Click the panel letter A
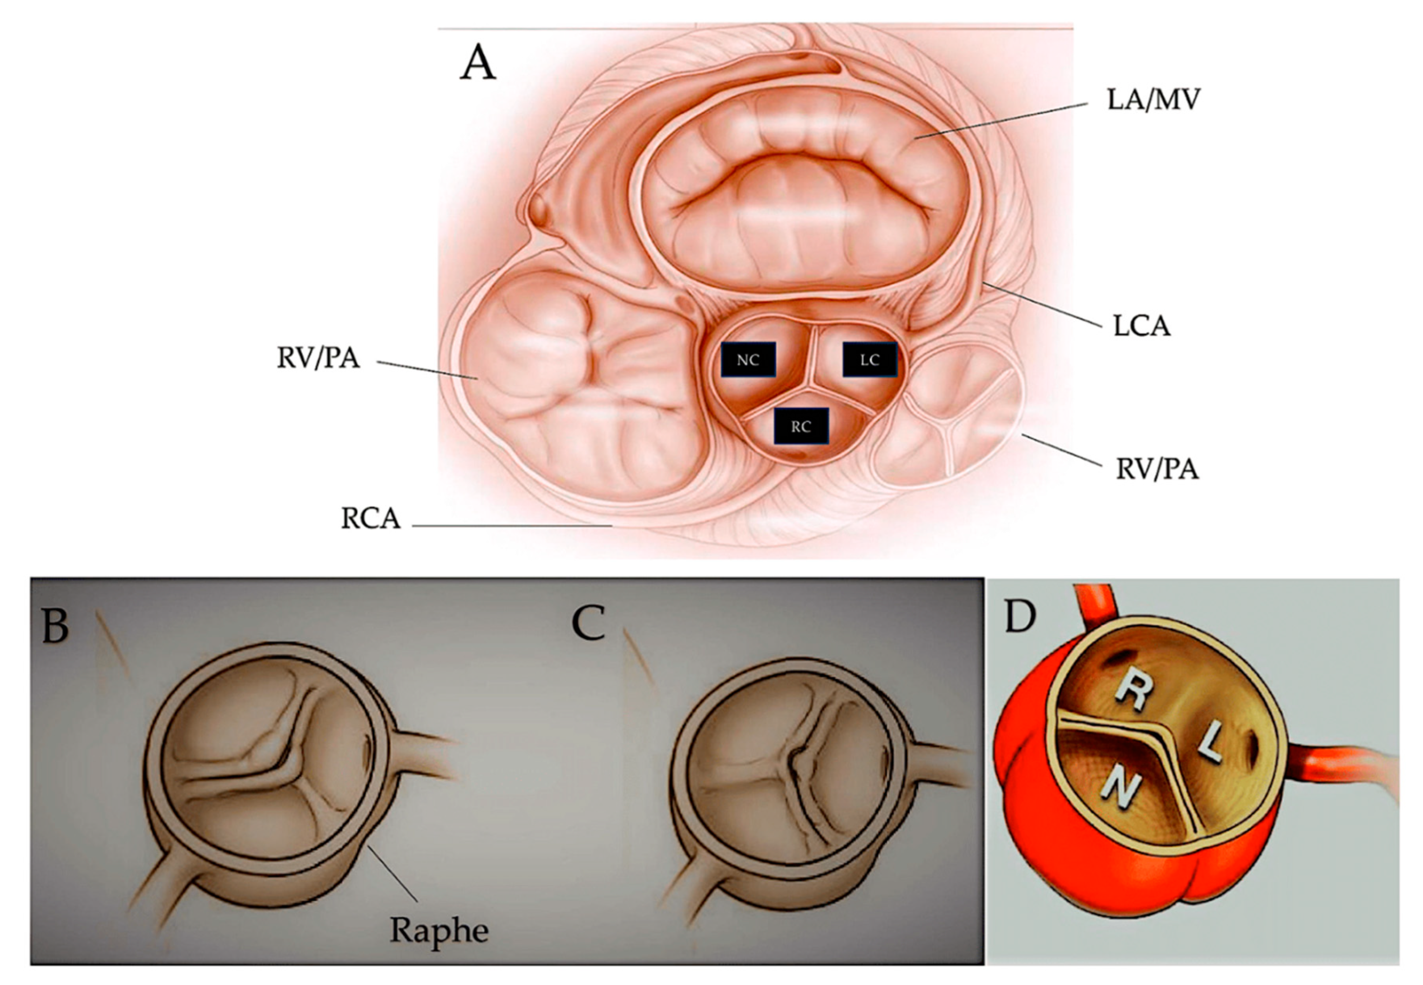[478, 64]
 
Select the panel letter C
[588, 623]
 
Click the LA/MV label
[1153, 99]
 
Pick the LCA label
[1141, 325]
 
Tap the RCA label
[370, 519]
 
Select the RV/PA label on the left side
[318, 358]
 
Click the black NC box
[748, 360]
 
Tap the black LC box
[869, 360]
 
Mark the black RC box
[801, 426]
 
